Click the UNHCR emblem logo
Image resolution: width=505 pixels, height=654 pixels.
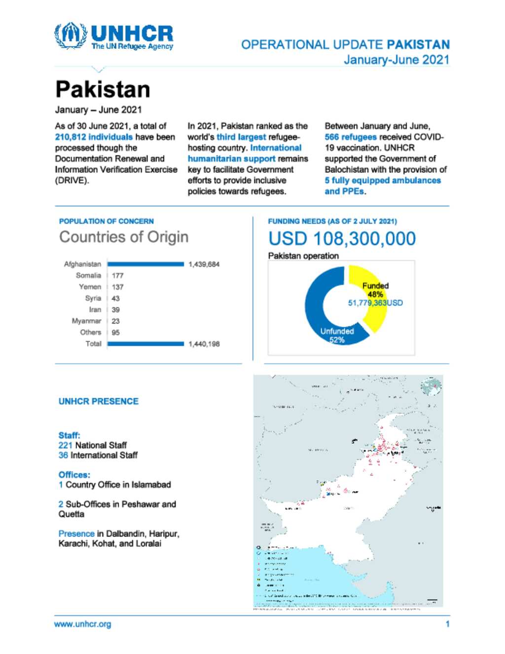(x=71, y=35)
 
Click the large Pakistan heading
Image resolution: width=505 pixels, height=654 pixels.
(x=103, y=90)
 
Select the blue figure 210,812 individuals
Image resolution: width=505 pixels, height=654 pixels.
(x=94, y=137)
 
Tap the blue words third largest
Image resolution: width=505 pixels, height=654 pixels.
(x=241, y=137)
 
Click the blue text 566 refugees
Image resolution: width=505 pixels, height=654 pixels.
(x=351, y=137)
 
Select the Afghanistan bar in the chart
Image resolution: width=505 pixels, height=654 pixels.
(x=145, y=265)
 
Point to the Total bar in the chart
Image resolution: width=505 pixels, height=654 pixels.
(x=145, y=344)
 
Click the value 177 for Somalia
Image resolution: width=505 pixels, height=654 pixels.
(x=117, y=276)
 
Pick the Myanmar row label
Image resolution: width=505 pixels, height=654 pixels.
(x=86, y=321)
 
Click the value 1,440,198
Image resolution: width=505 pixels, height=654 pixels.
(x=204, y=344)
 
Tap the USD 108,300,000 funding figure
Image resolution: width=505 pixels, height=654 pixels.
(x=342, y=239)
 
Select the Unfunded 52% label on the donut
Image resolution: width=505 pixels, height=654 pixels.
(x=337, y=335)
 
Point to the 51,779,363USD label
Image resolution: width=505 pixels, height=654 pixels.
(x=375, y=303)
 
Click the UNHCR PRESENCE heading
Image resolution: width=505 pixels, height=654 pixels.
(x=99, y=401)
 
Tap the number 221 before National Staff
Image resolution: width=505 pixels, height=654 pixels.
(x=65, y=445)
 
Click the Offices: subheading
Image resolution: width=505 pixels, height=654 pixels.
(x=74, y=475)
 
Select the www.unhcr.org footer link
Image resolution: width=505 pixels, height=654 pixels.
(x=82, y=624)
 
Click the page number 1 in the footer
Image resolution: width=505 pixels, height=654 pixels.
(x=447, y=624)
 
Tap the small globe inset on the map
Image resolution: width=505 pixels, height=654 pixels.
(x=431, y=386)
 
